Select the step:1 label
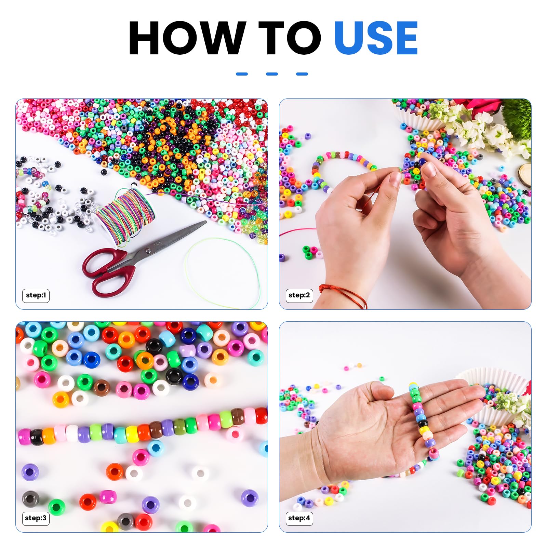(x=36, y=295)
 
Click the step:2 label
(x=299, y=295)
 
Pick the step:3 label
(x=36, y=518)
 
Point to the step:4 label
(x=299, y=518)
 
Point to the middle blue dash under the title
(x=272, y=74)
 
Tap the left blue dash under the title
(x=242, y=74)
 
